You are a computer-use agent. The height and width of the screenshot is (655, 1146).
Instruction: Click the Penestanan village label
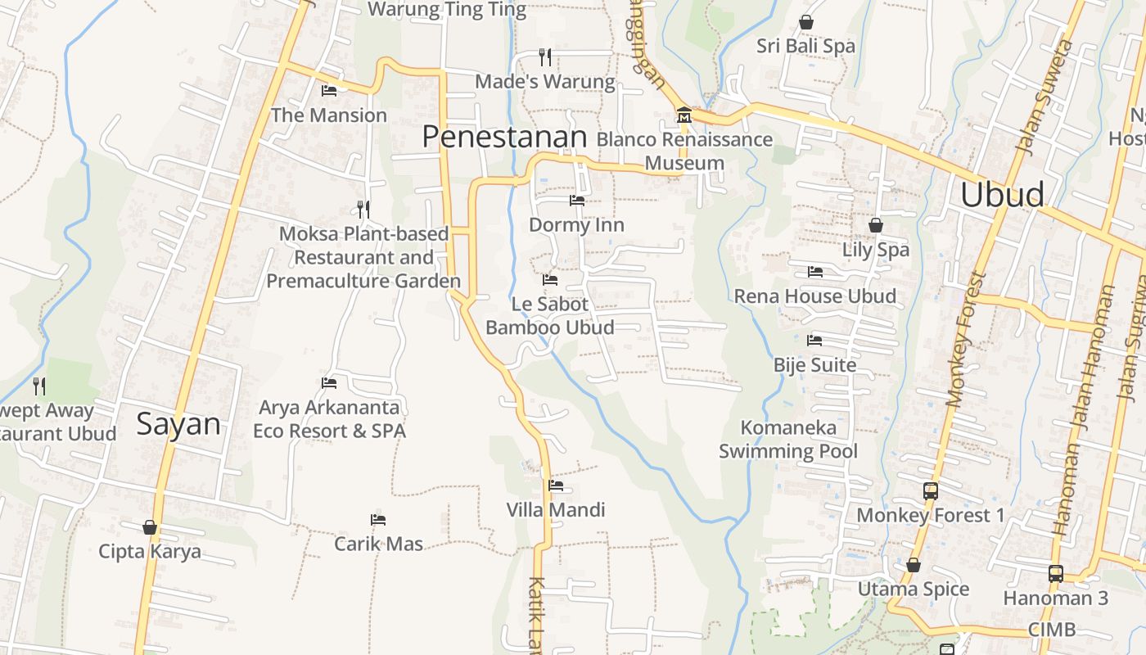coord(504,137)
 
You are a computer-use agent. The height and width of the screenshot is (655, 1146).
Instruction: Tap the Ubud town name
coord(1002,195)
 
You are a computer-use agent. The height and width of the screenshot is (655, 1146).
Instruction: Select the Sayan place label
coord(178,424)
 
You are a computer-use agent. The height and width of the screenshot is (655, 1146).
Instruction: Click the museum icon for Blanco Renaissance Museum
coord(684,115)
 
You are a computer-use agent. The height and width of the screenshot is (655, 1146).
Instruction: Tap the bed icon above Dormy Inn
coord(577,200)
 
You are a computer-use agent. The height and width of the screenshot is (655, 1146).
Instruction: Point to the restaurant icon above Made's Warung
coord(544,56)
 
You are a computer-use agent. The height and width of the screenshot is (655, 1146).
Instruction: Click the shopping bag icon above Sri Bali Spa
coord(805,22)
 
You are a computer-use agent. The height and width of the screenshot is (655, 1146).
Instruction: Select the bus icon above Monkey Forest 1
coord(930,491)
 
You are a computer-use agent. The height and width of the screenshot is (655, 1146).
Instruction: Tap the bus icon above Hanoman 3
coord(1055,573)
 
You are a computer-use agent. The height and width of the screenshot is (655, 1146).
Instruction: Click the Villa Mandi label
coord(556,510)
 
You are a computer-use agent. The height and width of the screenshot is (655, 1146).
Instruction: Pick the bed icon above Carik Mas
coord(377,519)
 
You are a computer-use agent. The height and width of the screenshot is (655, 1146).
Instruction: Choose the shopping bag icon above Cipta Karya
coord(149,526)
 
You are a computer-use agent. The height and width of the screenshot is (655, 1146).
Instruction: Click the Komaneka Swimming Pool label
coord(788,439)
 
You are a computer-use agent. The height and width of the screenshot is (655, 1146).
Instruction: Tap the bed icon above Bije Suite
coord(814,340)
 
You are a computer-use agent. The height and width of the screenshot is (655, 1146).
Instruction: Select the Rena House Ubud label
coord(814,296)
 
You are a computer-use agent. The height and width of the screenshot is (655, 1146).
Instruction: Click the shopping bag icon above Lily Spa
coord(875,224)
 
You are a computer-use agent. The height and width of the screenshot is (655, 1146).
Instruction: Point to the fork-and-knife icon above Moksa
coord(363,210)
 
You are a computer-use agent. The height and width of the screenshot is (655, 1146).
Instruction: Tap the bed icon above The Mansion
coord(329,90)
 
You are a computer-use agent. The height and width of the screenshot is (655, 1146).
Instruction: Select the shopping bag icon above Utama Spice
coord(913,565)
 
